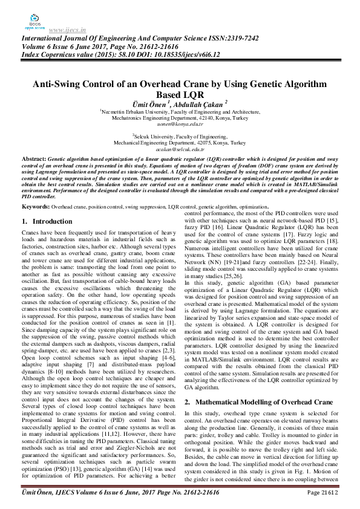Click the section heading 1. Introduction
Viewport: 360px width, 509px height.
(x=47, y=222)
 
